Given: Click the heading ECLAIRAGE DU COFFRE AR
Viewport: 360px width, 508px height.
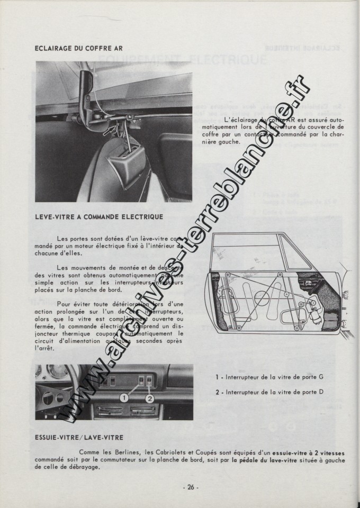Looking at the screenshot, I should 78,48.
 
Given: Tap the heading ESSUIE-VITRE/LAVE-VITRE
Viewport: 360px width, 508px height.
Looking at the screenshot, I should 79,438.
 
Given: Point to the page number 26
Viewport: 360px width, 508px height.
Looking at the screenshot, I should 191,487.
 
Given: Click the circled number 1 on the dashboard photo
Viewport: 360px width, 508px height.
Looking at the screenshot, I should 124,396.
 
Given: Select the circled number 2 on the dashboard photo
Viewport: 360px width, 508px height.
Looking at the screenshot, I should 149,398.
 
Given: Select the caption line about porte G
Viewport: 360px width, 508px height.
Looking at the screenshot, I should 269,377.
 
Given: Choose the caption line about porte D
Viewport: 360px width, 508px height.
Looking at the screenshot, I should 269,392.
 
